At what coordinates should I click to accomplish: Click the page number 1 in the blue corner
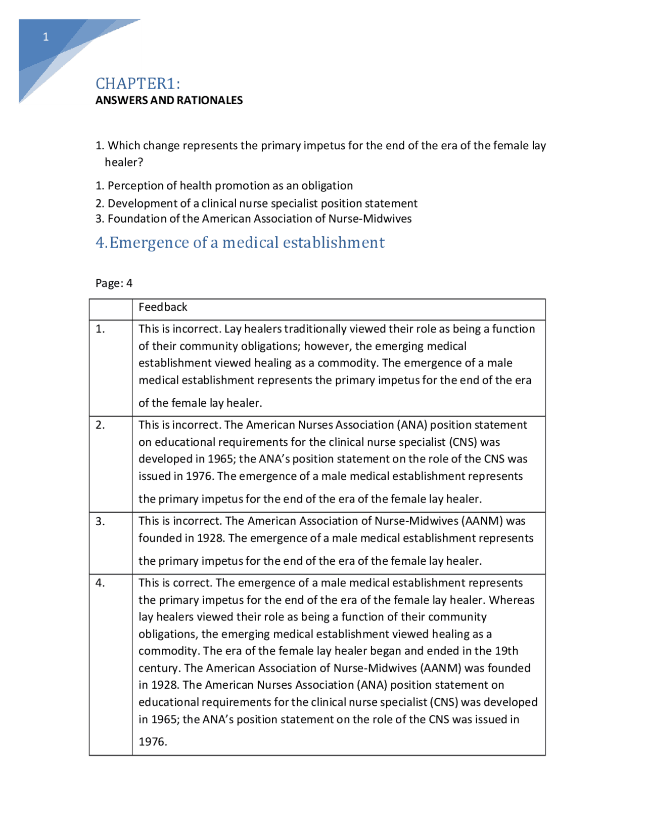tap(45, 37)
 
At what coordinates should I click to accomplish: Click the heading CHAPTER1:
tap(137, 83)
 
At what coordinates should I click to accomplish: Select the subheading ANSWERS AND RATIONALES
tap(169, 100)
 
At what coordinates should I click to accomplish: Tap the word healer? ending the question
tap(124, 162)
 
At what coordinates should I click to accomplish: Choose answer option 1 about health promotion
tap(224, 186)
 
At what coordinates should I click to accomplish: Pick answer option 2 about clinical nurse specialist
tap(256, 203)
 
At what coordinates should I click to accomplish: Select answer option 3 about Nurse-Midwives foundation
tap(253, 219)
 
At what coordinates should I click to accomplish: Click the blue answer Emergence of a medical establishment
tap(240, 243)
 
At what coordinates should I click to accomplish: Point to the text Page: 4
tap(114, 283)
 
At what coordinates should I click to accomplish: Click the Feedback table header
tap(163, 307)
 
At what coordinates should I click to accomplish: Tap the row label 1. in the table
tap(100, 329)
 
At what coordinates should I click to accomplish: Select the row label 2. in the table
tap(100, 425)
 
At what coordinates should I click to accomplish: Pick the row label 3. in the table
tap(100, 521)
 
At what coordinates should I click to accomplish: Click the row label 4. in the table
tap(100, 583)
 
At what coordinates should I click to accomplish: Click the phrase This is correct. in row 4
tap(175, 583)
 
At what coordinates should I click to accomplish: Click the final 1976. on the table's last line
tap(153, 742)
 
